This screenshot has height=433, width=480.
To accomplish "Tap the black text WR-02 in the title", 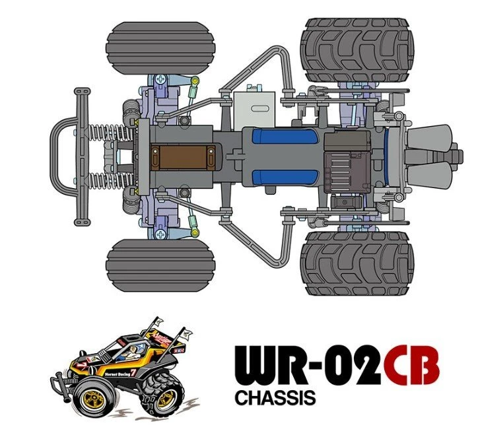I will pyautogui.click(x=306, y=368).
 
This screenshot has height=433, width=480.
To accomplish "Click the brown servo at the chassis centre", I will pyautogui.click(x=182, y=158).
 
